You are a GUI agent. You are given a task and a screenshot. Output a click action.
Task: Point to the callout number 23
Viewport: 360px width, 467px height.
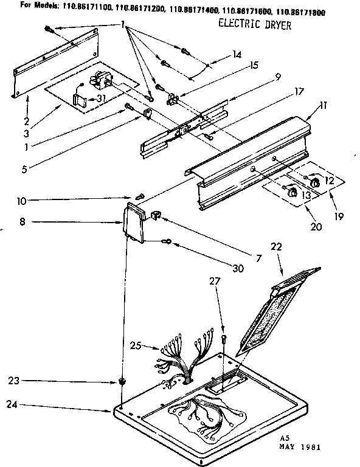13,381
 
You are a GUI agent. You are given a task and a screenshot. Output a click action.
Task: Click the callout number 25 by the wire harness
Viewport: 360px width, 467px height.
135,346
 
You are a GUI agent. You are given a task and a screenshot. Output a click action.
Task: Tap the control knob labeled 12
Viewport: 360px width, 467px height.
314,182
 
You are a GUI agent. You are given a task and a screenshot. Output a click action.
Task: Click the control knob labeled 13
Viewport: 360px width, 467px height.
292,193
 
